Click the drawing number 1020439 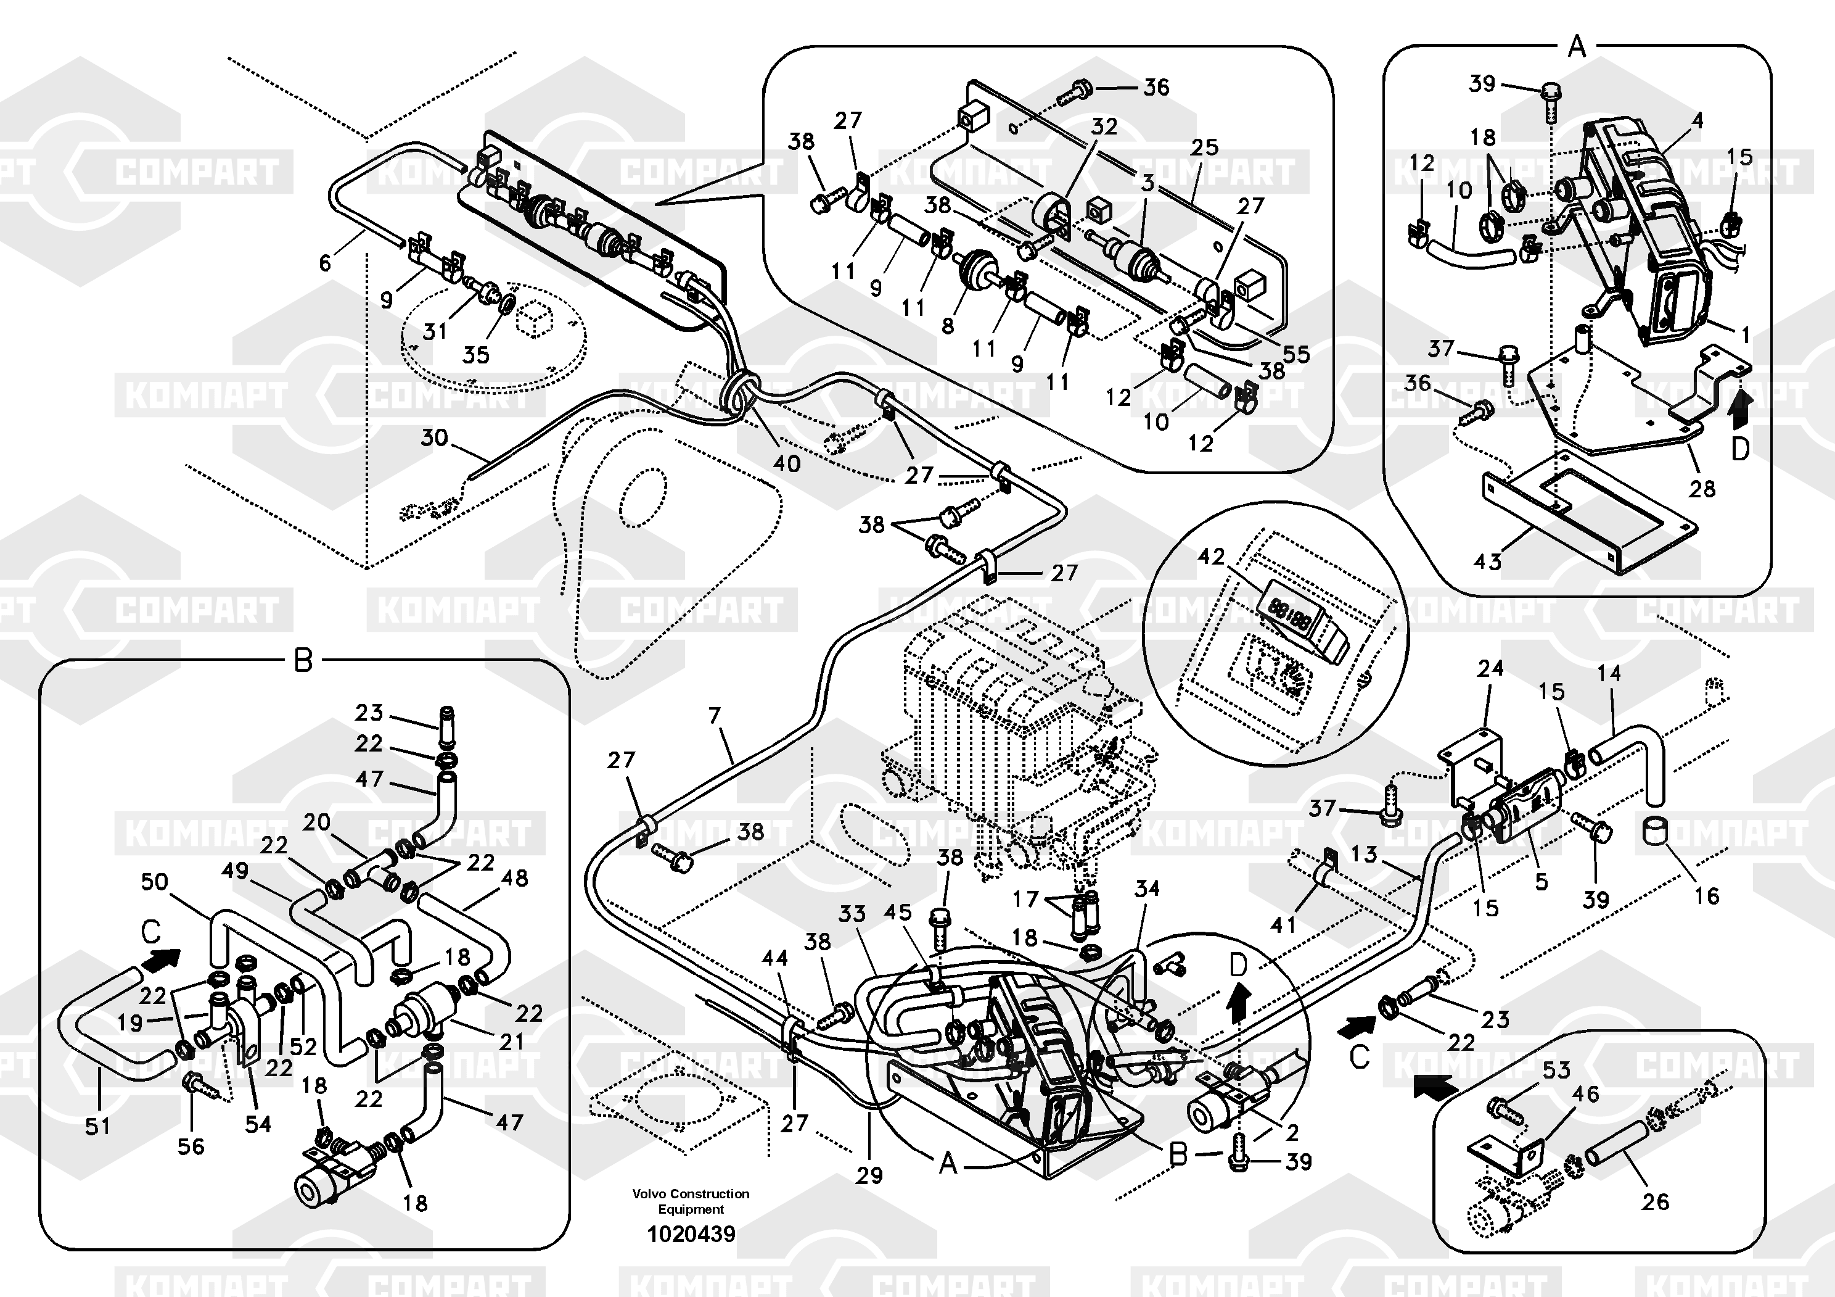click(691, 1235)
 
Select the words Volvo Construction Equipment click(691, 1201)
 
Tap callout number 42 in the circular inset click(1212, 557)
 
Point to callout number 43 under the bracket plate click(1487, 562)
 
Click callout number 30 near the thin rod click(434, 437)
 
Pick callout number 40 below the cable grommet click(786, 463)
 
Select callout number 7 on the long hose click(715, 716)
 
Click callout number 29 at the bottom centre click(869, 1175)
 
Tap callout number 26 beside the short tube click(1655, 1201)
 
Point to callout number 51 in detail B click(97, 1126)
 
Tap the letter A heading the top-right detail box click(1577, 47)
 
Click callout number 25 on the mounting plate click(1204, 147)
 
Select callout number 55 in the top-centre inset click(1295, 354)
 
